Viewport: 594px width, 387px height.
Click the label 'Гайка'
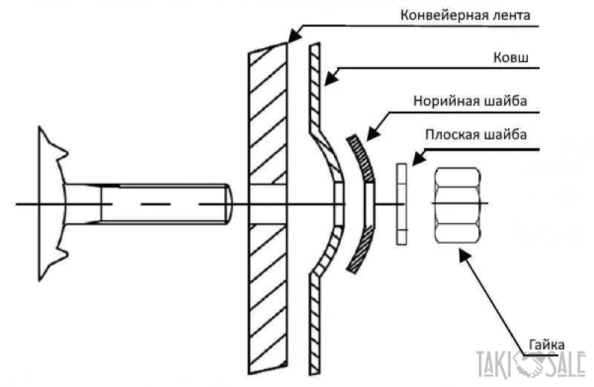[548, 345]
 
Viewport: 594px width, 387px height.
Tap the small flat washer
[402, 204]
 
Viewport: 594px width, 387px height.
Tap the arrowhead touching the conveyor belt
[293, 35]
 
